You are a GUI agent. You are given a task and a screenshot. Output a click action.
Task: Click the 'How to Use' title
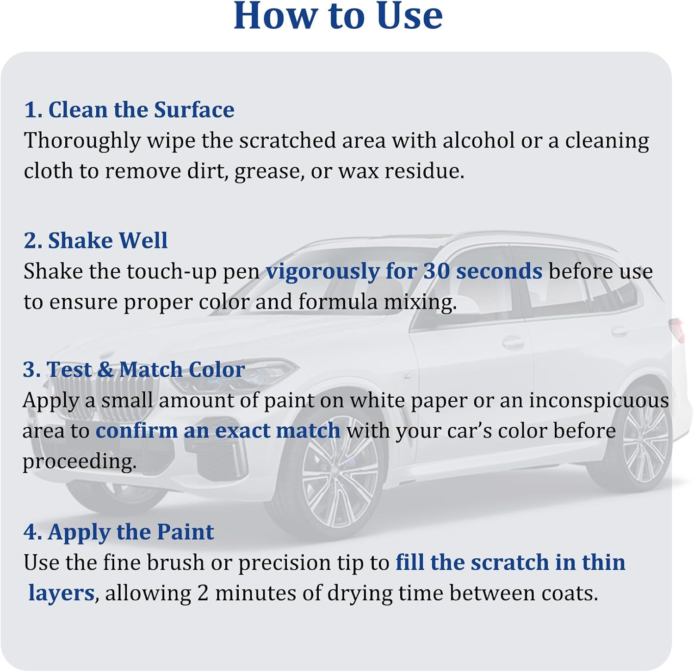[338, 17]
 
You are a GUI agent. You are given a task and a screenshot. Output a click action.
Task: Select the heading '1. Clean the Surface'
[129, 110]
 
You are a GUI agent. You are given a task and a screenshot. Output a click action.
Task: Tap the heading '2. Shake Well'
[95, 240]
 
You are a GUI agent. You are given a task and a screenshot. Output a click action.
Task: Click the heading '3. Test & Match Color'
[134, 370]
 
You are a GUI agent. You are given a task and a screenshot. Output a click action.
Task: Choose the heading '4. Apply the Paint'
[118, 532]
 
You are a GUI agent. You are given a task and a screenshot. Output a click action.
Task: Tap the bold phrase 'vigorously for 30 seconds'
[403, 271]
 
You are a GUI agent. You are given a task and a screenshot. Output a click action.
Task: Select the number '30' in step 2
[436, 271]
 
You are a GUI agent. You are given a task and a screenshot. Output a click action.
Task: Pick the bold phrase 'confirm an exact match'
[218, 431]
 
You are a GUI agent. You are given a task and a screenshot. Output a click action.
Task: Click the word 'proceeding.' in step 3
[80, 462]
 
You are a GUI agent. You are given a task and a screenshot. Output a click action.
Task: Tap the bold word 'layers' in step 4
[61, 593]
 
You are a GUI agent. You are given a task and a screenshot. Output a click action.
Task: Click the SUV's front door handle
[514, 343]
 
